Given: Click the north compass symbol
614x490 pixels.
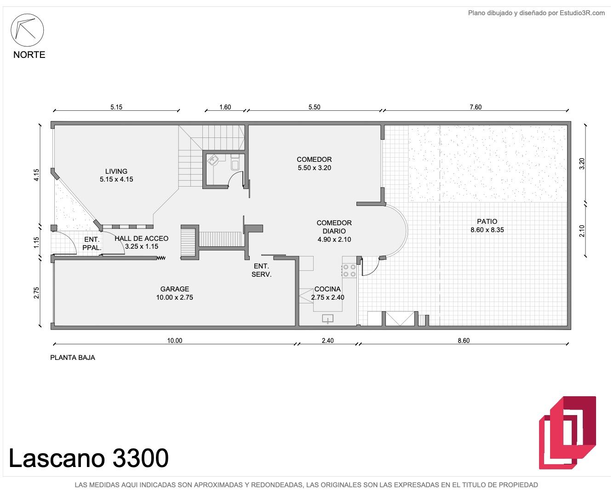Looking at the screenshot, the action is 27,30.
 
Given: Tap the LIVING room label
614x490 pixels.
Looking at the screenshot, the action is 116,171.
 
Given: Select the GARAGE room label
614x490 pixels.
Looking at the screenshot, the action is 175,289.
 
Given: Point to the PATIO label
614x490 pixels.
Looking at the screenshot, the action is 487,221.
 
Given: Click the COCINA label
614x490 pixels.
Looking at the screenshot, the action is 327,289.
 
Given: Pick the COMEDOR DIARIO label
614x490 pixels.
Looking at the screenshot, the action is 334,227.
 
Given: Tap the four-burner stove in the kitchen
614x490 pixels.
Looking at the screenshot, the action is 349,270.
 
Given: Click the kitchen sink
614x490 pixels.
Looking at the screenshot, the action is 327,319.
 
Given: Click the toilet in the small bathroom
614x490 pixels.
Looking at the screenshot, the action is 235,163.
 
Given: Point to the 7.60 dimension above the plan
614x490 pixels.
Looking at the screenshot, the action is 476,107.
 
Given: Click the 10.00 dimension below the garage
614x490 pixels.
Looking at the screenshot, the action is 175,341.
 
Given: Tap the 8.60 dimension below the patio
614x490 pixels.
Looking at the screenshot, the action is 464,341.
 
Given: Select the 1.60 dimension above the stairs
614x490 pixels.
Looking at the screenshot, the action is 225,107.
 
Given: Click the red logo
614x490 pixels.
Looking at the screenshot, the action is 567,436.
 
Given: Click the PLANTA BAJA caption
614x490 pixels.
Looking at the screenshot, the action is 73,358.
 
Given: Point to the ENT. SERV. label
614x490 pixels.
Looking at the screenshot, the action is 261,270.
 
